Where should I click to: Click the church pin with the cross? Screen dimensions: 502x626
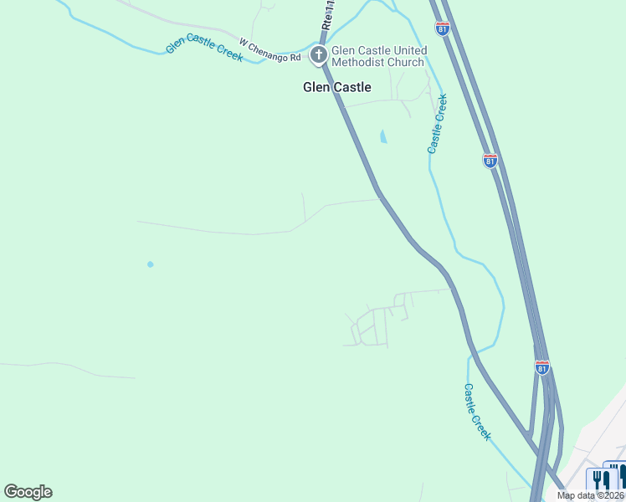[318, 56]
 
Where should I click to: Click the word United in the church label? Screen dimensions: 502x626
[409, 50]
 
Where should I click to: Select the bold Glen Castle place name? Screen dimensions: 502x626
[336, 87]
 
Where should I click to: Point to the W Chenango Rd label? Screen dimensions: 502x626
[269, 50]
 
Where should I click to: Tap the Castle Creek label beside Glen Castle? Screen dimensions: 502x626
[437, 124]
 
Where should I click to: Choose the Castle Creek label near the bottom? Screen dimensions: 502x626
[478, 412]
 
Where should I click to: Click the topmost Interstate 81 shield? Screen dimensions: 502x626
[443, 28]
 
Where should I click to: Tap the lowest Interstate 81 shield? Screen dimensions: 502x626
[542, 366]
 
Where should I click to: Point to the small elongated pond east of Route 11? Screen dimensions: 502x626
[383, 136]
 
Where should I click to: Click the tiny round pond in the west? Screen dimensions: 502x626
[151, 264]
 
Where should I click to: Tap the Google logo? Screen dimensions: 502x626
[28, 492]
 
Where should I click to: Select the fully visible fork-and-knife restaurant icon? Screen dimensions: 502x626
[601, 479]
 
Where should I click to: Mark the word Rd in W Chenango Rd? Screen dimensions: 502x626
[295, 58]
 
